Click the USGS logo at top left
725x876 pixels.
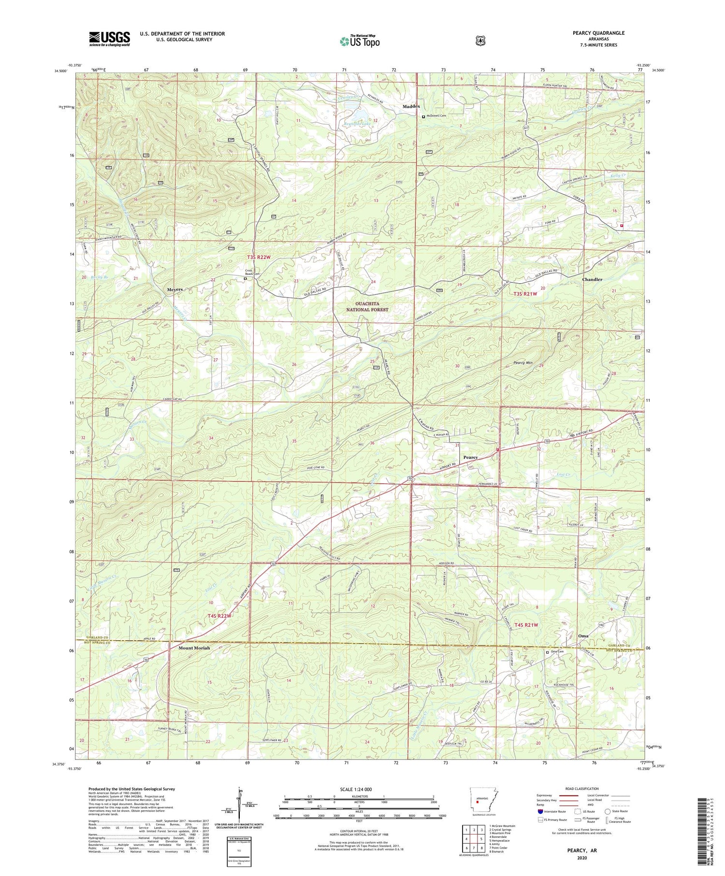pos(109,39)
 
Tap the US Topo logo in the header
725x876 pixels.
pos(360,41)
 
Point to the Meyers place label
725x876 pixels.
pos(175,289)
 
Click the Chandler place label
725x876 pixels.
pos(592,279)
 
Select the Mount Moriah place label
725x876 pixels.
pos(194,647)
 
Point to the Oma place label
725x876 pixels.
pos(583,636)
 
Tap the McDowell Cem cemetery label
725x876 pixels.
pos(438,116)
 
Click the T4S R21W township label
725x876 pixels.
pos(526,625)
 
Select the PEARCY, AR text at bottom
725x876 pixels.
pos(582,849)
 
